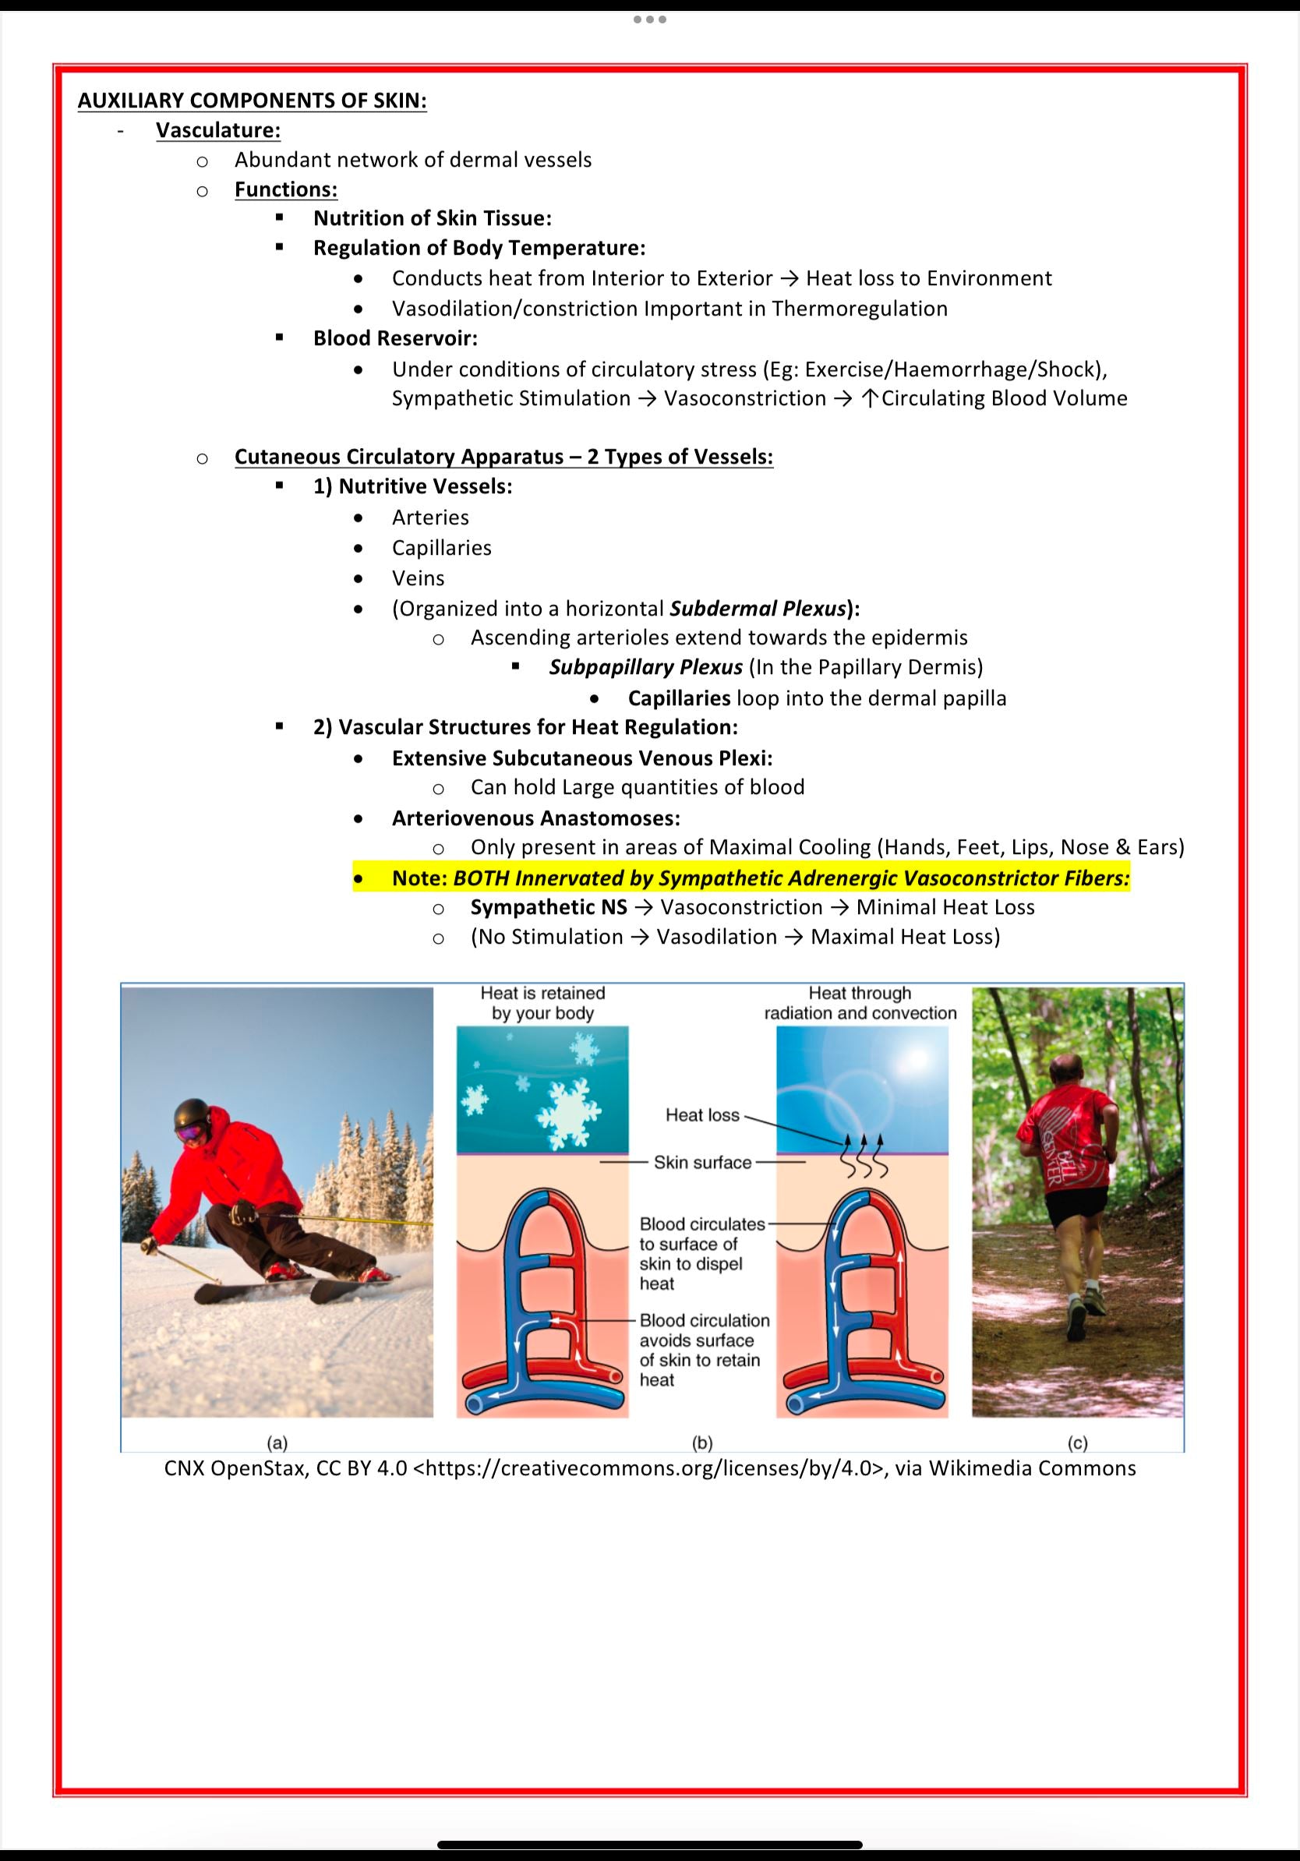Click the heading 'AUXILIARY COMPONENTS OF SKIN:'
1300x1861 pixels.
[252, 101]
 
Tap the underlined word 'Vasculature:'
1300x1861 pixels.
[218, 130]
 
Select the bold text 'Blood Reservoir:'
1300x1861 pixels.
[395, 338]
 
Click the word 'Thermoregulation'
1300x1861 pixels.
[859, 309]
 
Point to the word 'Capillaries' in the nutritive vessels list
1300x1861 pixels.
[442, 548]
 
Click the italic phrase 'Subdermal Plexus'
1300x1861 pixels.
[758, 608]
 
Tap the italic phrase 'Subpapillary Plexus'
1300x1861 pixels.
[646, 667]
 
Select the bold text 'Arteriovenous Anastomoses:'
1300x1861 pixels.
[535, 817]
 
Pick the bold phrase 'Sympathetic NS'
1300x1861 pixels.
[549, 907]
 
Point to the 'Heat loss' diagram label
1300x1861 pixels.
[702, 1115]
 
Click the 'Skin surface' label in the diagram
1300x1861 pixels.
[703, 1162]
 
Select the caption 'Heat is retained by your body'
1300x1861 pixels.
[542, 1003]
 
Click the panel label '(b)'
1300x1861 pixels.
[702, 1442]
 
